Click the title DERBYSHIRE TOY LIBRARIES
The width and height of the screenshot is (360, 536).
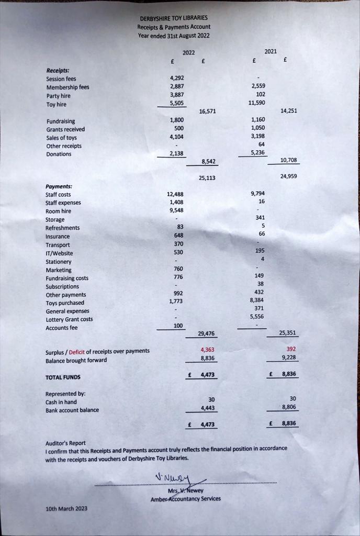[x=173, y=18]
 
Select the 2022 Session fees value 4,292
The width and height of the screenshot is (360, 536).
[x=177, y=79]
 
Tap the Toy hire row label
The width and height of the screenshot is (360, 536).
[x=56, y=104]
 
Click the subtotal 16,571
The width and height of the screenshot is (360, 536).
[x=208, y=111]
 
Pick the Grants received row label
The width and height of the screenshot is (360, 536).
[x=65, y=129]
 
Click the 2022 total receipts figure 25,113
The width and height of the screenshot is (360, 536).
[x=208, y=178]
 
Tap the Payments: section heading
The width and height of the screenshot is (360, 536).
[x=59, y=186]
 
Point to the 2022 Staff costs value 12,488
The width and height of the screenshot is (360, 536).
[x=176, y=194]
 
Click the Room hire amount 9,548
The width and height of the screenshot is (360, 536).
[x=176, y=210]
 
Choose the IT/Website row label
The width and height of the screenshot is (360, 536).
[x=59, y=253]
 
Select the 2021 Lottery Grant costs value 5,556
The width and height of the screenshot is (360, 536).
[x=257, y=317]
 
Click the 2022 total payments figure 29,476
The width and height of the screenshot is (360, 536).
[x=207, y=333]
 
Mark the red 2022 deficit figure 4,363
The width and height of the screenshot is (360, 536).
[x=208, y=349]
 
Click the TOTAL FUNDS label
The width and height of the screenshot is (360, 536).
[x=63, y=377]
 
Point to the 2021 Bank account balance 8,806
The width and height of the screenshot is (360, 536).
[x=289, y=406]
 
